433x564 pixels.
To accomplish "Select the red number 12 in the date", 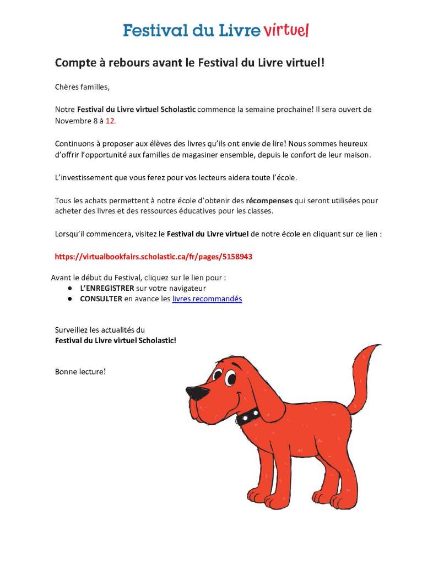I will point(110,120).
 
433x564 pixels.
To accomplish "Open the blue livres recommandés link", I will point(207,299).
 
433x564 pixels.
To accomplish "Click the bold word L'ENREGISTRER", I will point(107,288).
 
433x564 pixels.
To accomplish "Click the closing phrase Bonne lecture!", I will point(80,371).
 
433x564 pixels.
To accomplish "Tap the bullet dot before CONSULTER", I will point(71,299).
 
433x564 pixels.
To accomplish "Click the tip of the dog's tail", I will point(378,347).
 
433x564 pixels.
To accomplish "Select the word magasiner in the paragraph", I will point(233,155).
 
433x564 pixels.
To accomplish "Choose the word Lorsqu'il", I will point(71,234).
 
